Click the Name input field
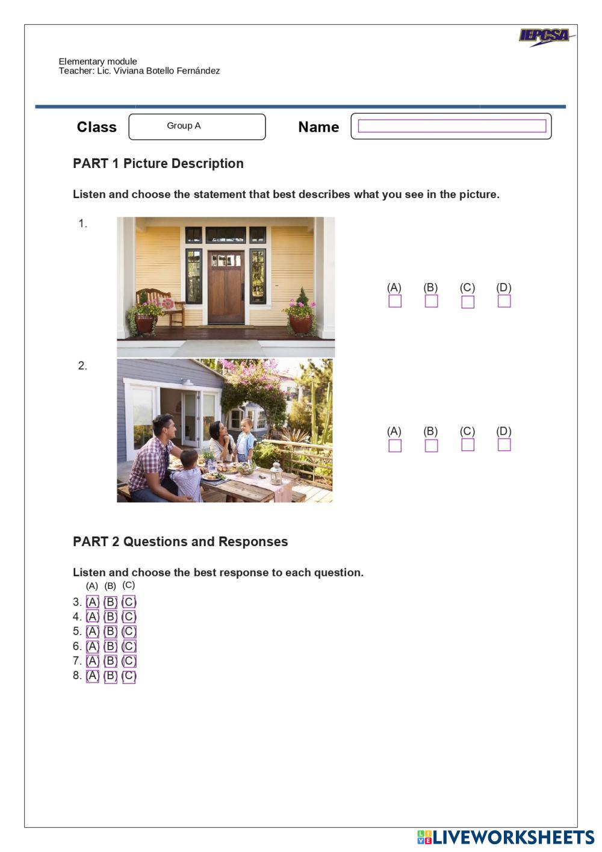pyautogui.click(x=451, y=126)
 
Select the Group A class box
pyautogui.click(x=197, y=126)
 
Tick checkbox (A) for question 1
pyautogui.click(x=395, y=301)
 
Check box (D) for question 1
pyautogui.click(x=504, y=301)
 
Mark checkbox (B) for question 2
pyautogui.click(x=431, y=446)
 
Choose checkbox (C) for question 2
pyautogui.click(x=467, y=444)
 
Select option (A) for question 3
pyautogui.click(x=93, y=602)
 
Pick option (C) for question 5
pyautogui.click(x=129, y=632)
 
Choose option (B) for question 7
pyautogui.click(x=111, y=661)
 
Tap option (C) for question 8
pyautogui.click(x=129, y=676)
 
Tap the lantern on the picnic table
pyautogui.click(x=276, y=473)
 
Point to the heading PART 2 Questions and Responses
pyautogui.click(x=180, y=542)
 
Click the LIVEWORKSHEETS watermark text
pyautogui.click(x=514, y=837)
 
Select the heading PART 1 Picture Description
pyautogui.click(x=158, y=164)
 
